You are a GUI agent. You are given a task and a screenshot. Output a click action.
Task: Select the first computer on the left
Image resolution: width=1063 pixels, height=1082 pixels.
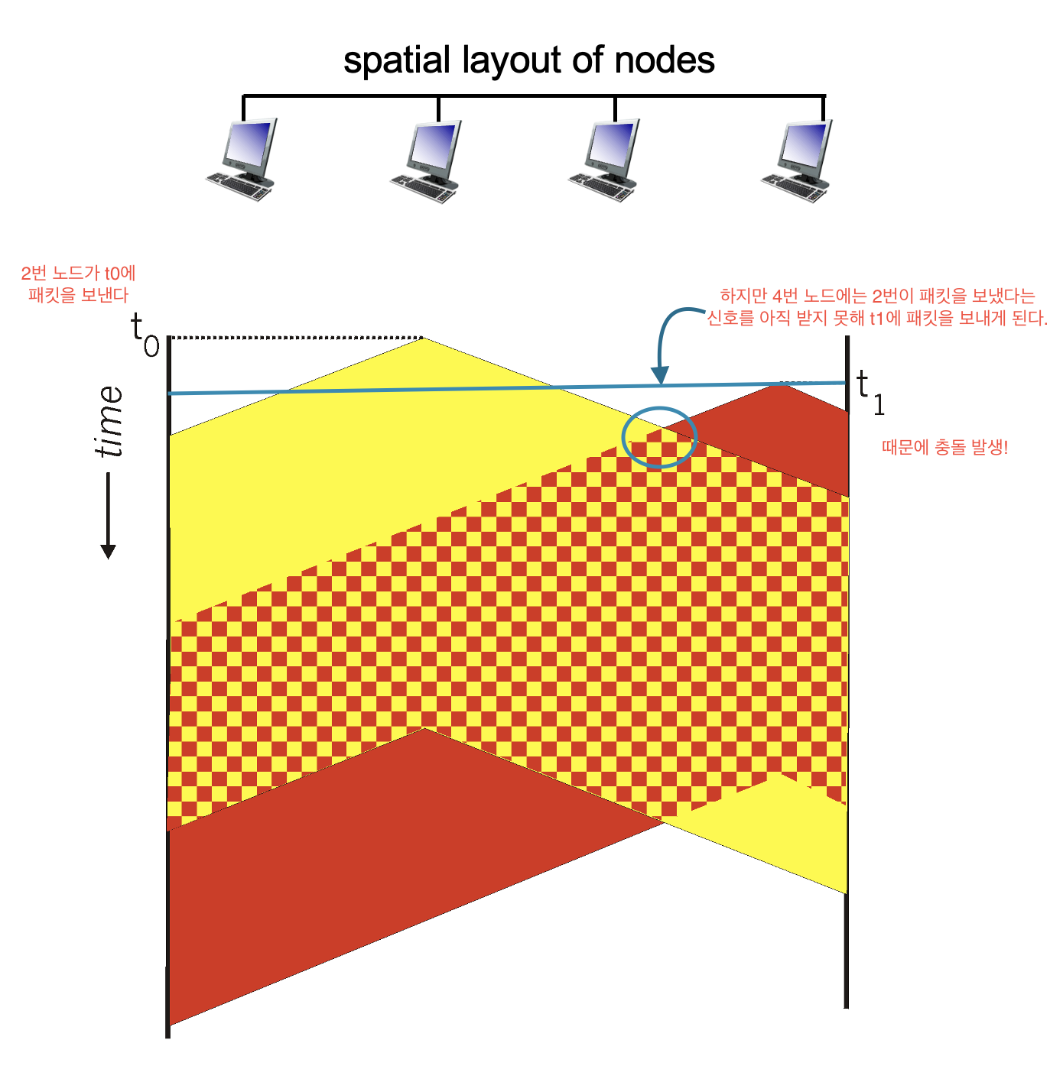click(x=242, y=160)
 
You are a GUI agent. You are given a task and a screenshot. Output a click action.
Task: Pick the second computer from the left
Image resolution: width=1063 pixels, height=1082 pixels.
click(x=426, y=161)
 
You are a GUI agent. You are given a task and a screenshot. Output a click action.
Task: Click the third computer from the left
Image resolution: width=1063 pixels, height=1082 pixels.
click(x=604, y=160)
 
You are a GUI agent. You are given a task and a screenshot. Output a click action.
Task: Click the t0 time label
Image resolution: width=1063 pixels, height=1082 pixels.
click(x=145, y=335)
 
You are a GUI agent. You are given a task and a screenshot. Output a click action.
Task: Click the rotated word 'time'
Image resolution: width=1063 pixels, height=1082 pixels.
click(x=109, y=422)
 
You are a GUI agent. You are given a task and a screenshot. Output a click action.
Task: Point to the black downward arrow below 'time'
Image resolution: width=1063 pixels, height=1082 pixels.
click(x=108, y=516)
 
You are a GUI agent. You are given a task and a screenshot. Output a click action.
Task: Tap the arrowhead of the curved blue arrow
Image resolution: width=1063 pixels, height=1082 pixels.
click(x=660, y=374)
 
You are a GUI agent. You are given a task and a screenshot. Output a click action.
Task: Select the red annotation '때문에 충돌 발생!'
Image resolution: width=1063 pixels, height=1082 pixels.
click(x=944, y=448)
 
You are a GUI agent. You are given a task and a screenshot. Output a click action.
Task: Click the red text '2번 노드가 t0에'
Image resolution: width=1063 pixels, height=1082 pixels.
click(x=78, y=274)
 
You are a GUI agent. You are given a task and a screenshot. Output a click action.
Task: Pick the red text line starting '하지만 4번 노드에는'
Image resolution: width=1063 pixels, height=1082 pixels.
click(x=877, y=296)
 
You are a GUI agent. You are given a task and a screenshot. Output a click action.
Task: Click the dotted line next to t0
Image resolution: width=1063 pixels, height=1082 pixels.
click(x=296, y=338)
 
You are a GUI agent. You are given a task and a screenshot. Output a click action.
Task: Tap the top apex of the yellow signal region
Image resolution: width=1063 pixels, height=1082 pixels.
click(x=424, y=338)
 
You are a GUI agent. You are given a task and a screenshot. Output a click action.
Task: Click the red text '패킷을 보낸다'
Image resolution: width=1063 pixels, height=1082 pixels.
click(x=78, y=295)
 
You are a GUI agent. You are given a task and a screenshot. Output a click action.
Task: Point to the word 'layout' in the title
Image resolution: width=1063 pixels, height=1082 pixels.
click(x=512, y=60)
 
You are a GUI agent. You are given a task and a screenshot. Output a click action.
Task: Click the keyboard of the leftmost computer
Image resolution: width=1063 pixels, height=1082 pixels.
click(x=239, y=186)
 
